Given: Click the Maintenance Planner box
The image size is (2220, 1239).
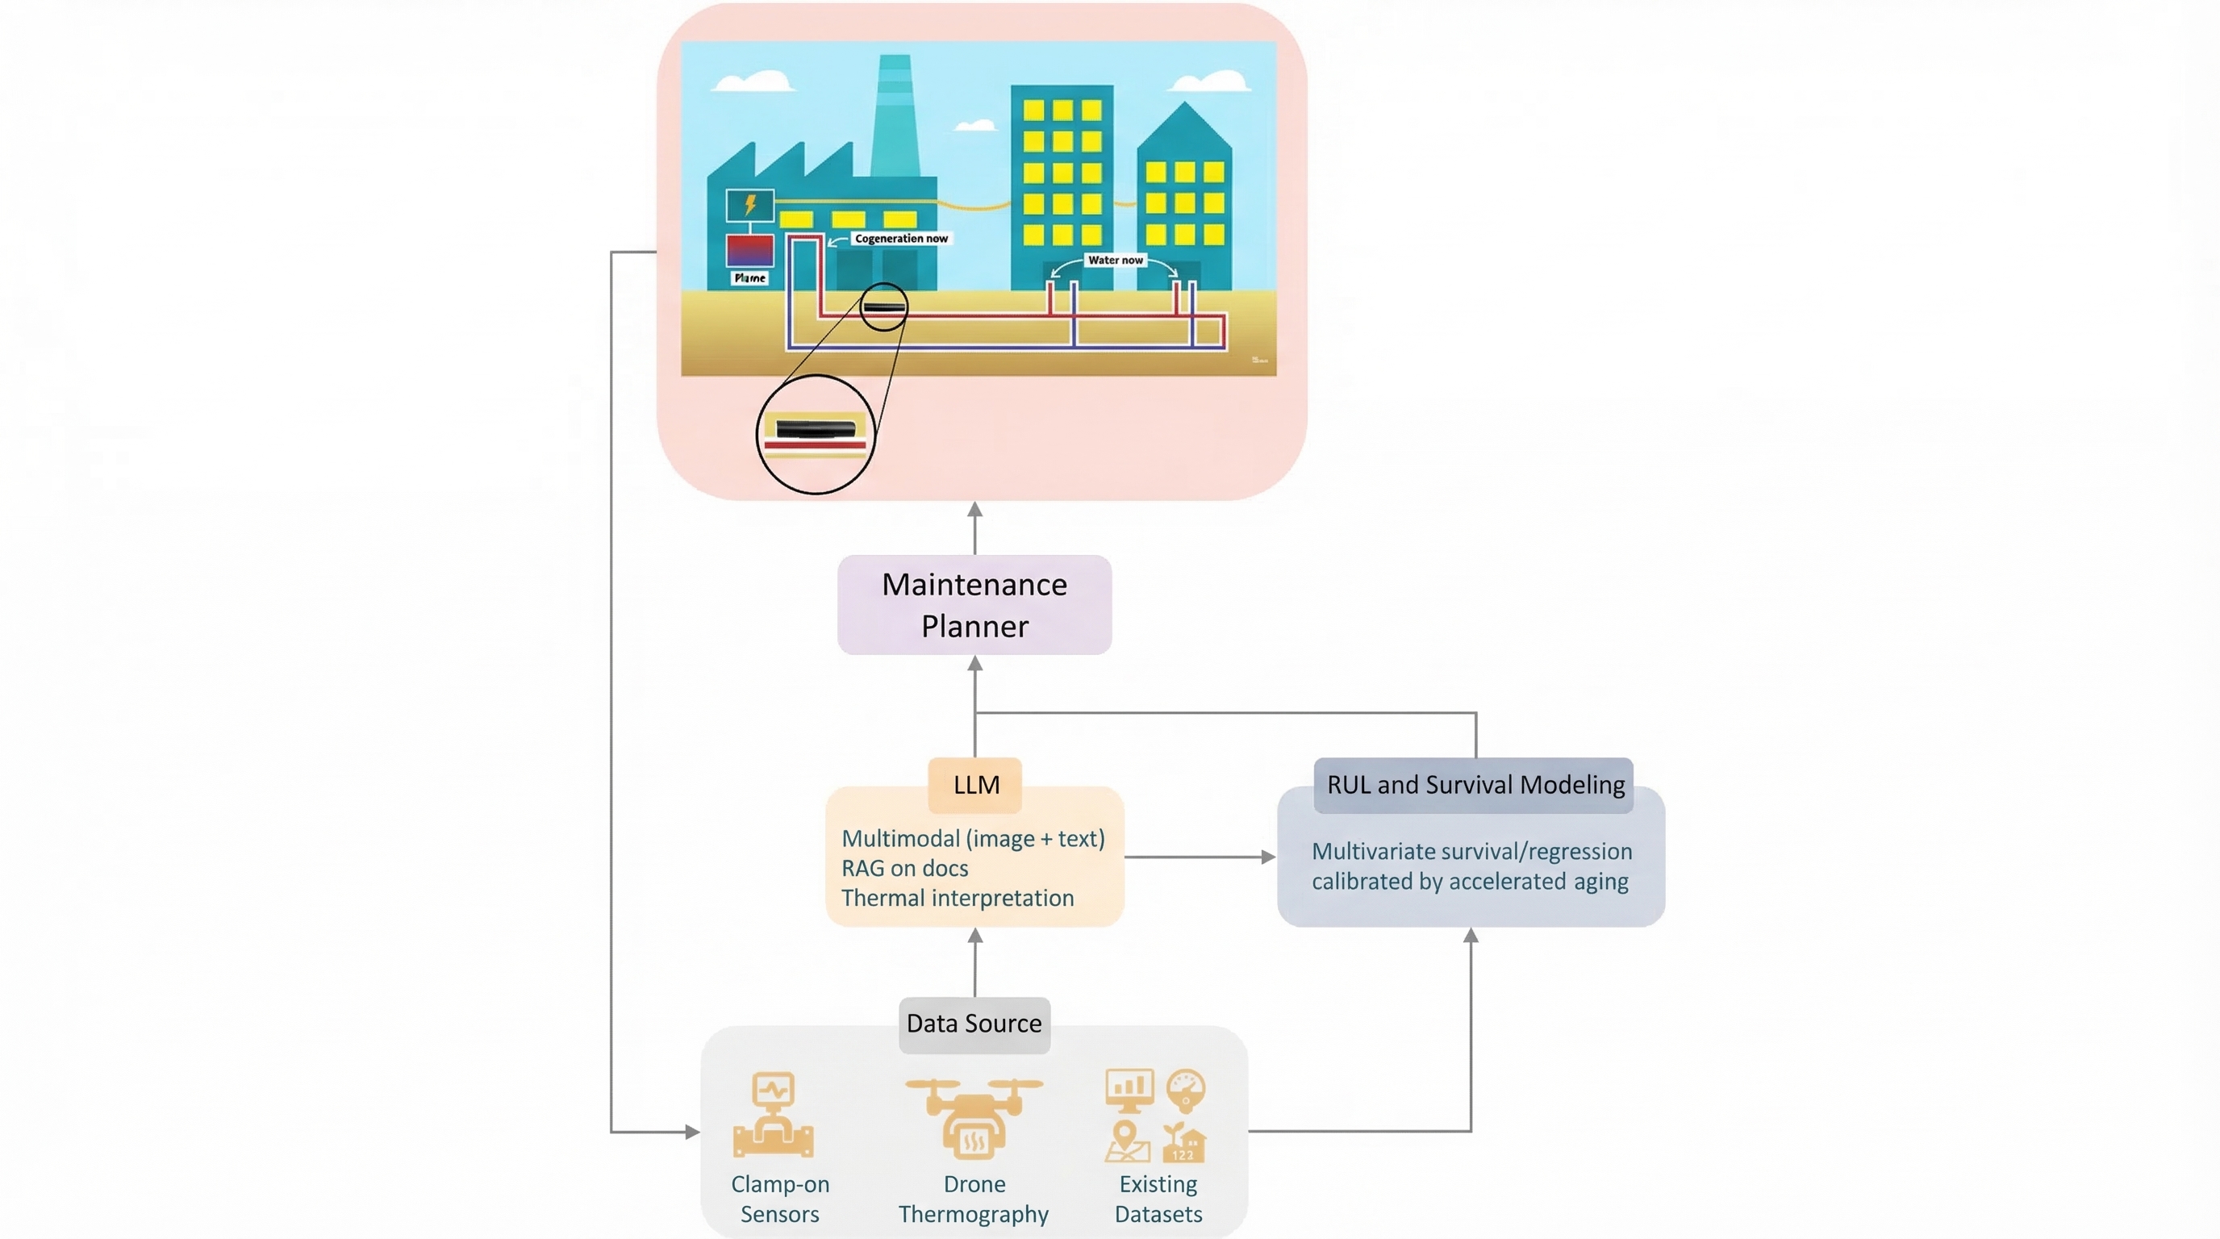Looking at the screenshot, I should point(974,605).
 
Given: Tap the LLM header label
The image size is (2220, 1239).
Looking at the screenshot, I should point(975,785).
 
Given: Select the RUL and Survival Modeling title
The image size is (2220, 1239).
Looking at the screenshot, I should point(1475,785).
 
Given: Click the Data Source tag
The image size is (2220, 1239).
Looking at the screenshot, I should point(974,1024).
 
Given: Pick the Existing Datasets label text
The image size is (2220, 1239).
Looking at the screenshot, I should point(1158,1199).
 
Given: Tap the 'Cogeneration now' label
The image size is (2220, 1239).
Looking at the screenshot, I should point(900,239).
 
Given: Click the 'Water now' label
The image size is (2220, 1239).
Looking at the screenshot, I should point(1114,261).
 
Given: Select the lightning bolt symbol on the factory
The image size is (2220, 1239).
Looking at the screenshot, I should point(749,205).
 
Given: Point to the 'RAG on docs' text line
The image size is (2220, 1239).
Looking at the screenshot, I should point(904,869).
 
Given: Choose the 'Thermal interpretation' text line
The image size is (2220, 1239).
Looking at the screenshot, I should point(957,898).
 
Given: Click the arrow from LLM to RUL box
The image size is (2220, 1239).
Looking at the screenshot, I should point(1198,857).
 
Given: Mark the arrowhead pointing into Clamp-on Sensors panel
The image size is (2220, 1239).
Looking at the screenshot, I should point(691,1131).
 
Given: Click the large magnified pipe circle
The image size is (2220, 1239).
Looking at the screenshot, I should point(816,434).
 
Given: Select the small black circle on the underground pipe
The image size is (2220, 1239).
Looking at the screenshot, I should point(883,307).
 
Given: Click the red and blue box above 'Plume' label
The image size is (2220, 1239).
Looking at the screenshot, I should point(749,251).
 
